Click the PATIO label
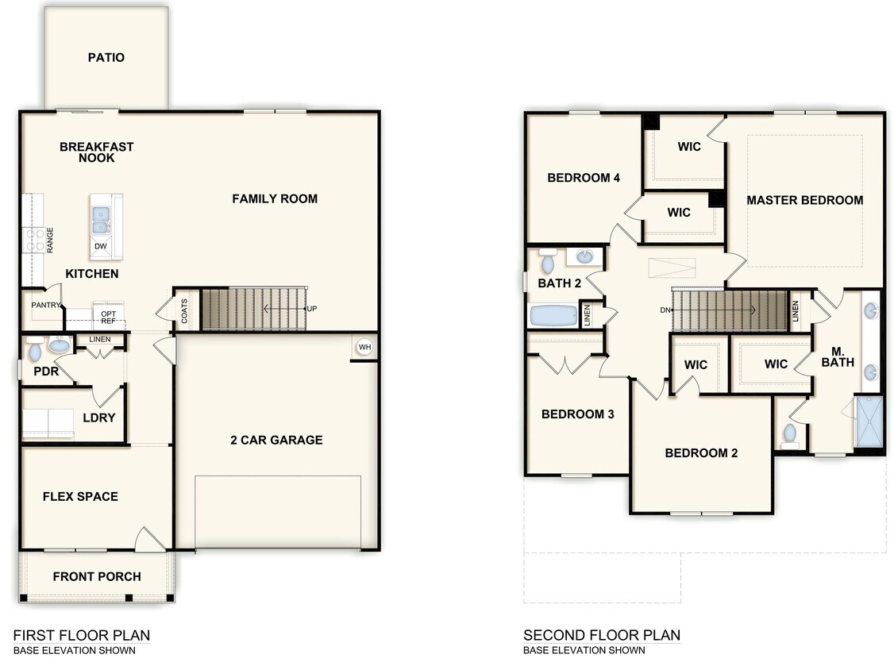pos(106,57)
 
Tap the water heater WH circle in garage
pos(364,347)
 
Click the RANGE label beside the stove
pos(50,240)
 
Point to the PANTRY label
pos(46,305)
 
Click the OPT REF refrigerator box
pos(108,318)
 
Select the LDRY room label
pos(99,418)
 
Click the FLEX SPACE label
pos(80,496)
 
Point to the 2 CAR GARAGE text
pos(276,440)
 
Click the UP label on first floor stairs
pos(312,308)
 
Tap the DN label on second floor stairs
pos(665,310)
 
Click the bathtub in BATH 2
pos(553,316)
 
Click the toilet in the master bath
pos(789,434)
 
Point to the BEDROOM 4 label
pos(584,178)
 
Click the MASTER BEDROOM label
pos(804,200)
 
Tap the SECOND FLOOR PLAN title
pos(601,635)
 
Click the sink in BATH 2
pos(584,256)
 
